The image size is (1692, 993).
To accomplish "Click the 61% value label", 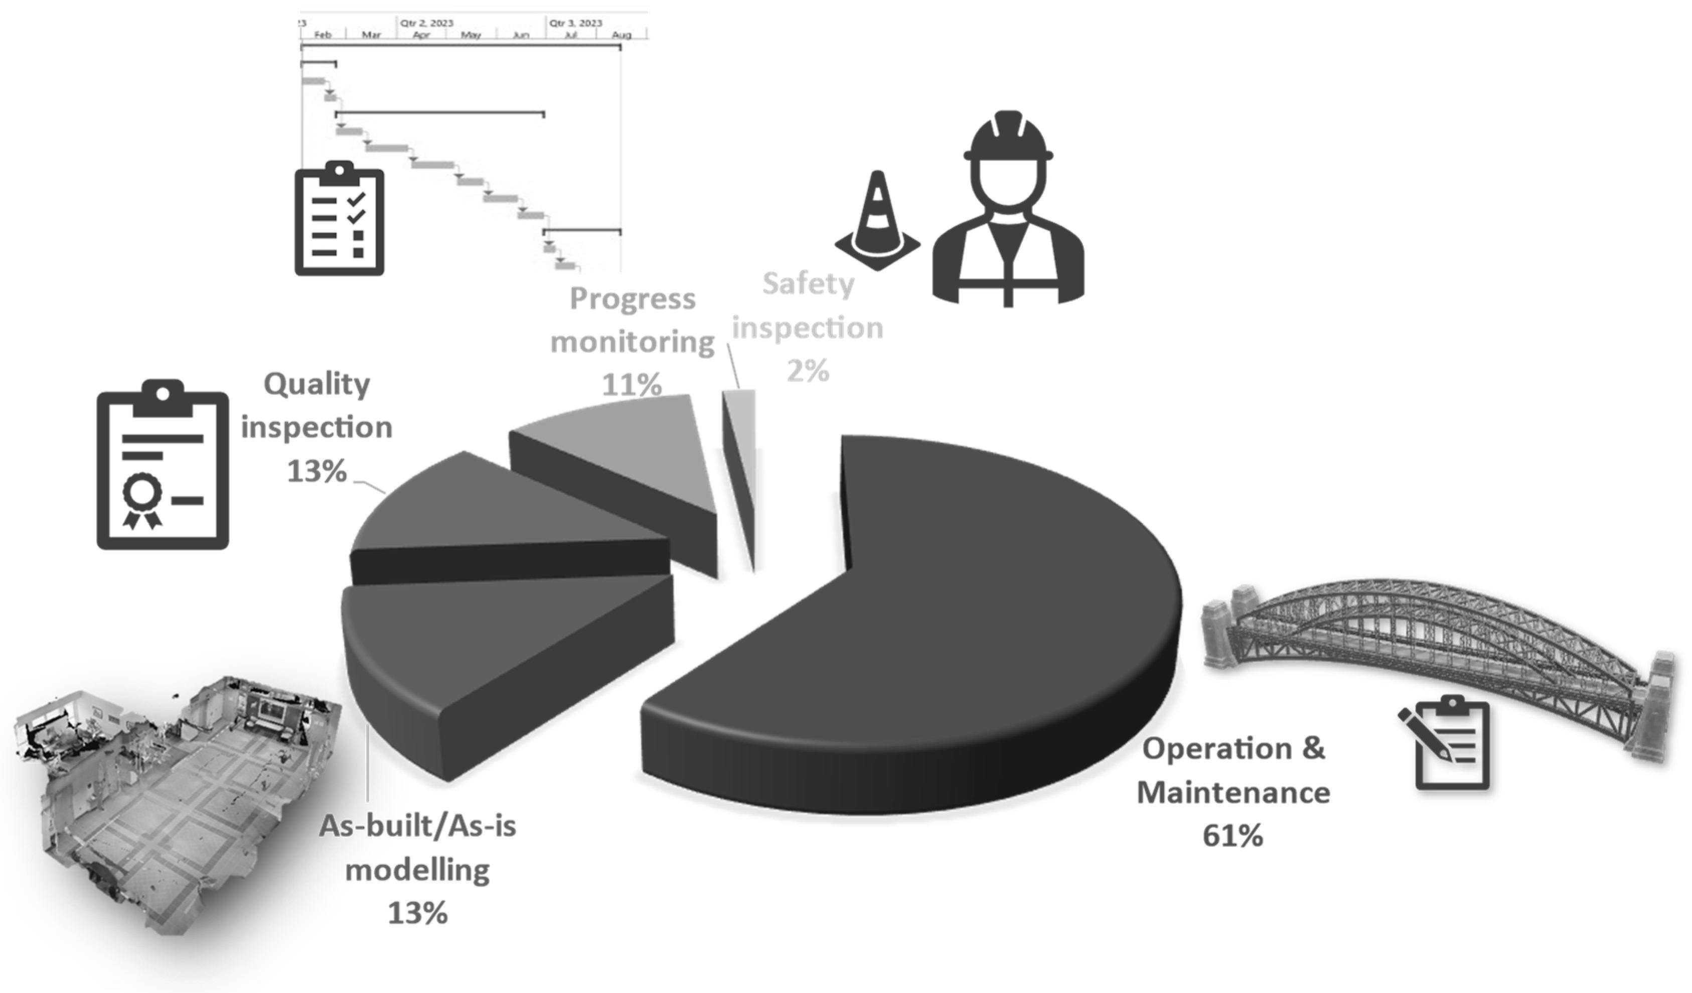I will coord(1233,836).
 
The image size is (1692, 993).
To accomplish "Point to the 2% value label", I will coord(808,371).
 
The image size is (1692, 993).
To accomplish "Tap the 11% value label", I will coord(631,385).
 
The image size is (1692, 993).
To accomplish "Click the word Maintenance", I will coord(1233,793).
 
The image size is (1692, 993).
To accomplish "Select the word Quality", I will coord(317,385).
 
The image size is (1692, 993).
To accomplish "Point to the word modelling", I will coord(417,870).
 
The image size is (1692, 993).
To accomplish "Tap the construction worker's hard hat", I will coord(1008,138).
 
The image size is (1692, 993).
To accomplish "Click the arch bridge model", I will coord(1437,645).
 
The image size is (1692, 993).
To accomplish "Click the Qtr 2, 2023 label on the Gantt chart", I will coord(427,23).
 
